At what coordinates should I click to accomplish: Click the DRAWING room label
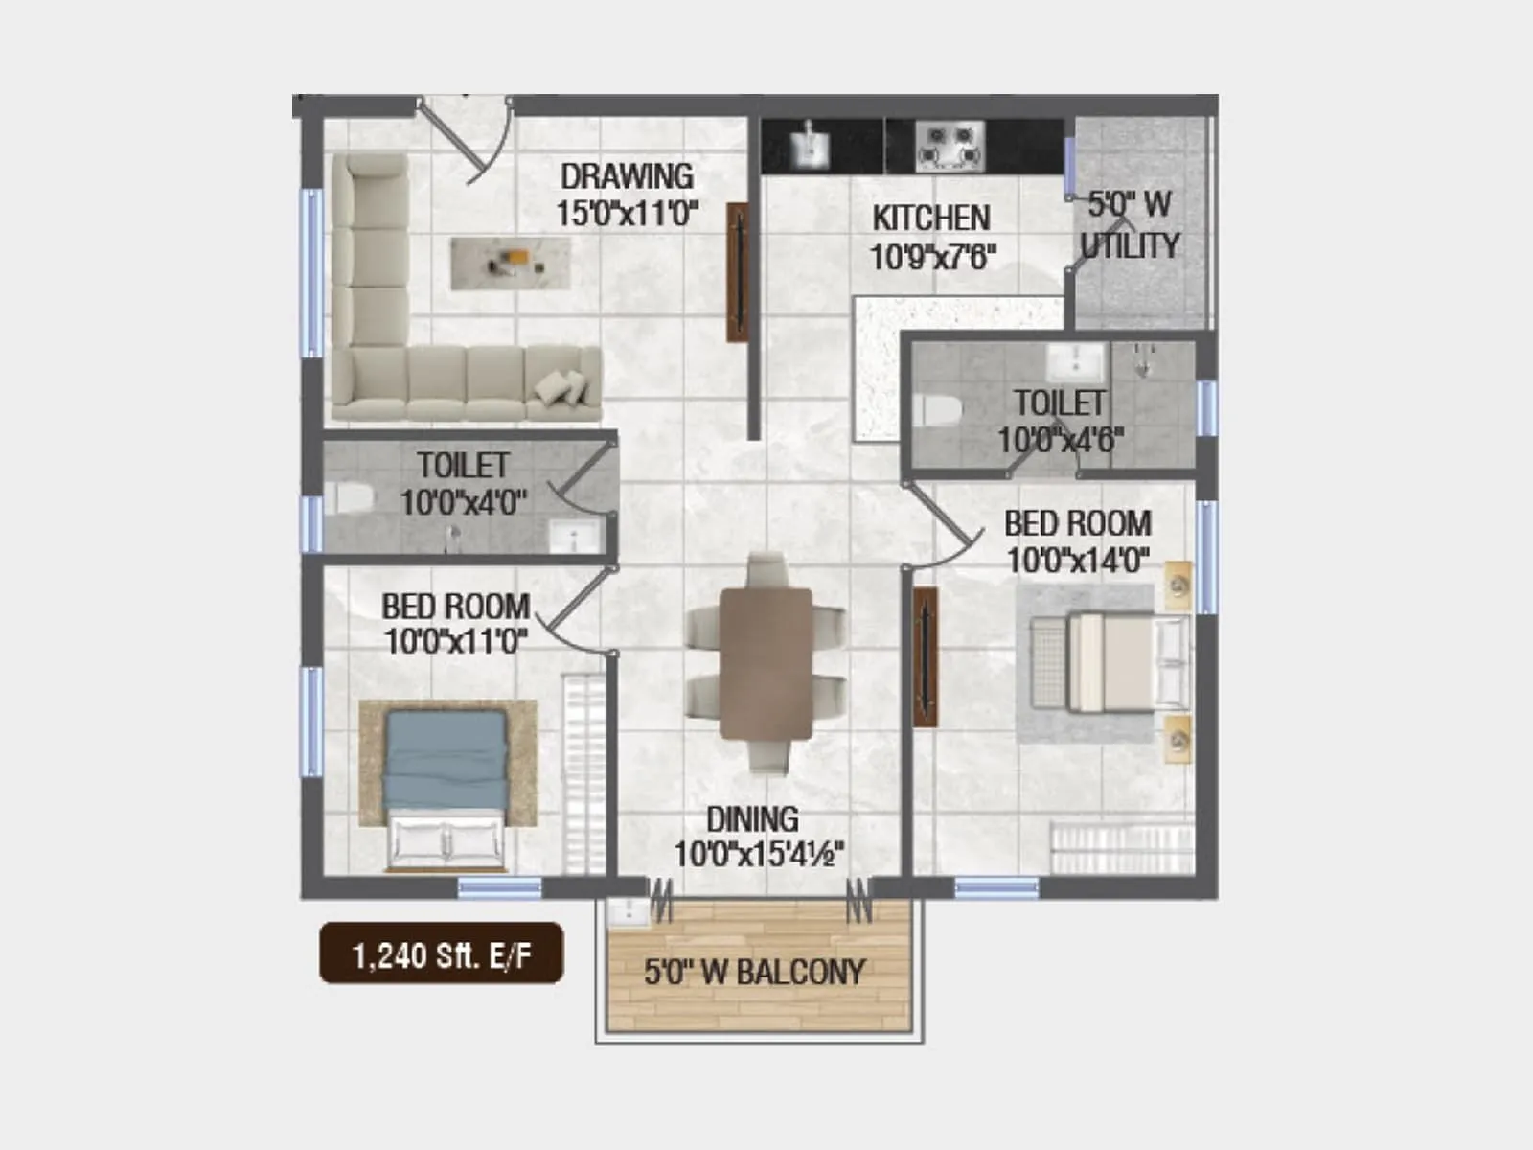click(627, 176)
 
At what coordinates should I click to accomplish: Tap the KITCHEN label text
click(930, 218)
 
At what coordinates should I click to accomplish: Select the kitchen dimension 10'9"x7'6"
click(932, 257)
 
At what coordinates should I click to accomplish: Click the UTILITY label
click(1130, 245)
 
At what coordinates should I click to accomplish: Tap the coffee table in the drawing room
click(511, 263)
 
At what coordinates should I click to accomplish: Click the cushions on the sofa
click(561, 387)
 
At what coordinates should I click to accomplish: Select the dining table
click(766, 663)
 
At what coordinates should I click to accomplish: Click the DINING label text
click(752, 819)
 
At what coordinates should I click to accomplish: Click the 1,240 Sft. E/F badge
click(442, 954)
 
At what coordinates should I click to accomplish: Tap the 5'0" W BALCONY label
click(754, 973)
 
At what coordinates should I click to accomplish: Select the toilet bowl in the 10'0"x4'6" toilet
click(936, 410)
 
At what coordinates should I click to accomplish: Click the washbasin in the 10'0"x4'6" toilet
click(1075, 361)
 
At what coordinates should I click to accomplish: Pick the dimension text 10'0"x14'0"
click(1078, 561)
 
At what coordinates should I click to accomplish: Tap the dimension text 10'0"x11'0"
click(455, 641)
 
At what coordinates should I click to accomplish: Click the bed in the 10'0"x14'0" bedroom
click(1110, 662)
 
